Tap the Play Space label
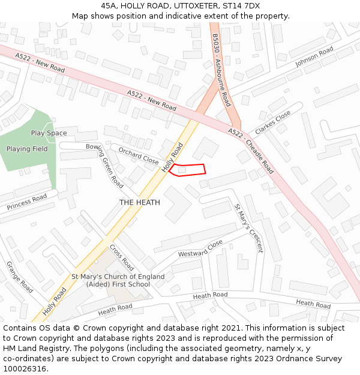point(49,133)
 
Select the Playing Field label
point(27,149)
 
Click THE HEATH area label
point(139,202)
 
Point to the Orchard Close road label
point(139,156)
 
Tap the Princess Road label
point(26,202)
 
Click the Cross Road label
point(122,256)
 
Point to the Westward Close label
point(200,249)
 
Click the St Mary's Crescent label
point(248,228)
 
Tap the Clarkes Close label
point(272,122)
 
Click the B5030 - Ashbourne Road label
point(221,69)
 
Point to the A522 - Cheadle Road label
point(251,151)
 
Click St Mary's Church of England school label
point(118,280)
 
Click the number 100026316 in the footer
point(26,369)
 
